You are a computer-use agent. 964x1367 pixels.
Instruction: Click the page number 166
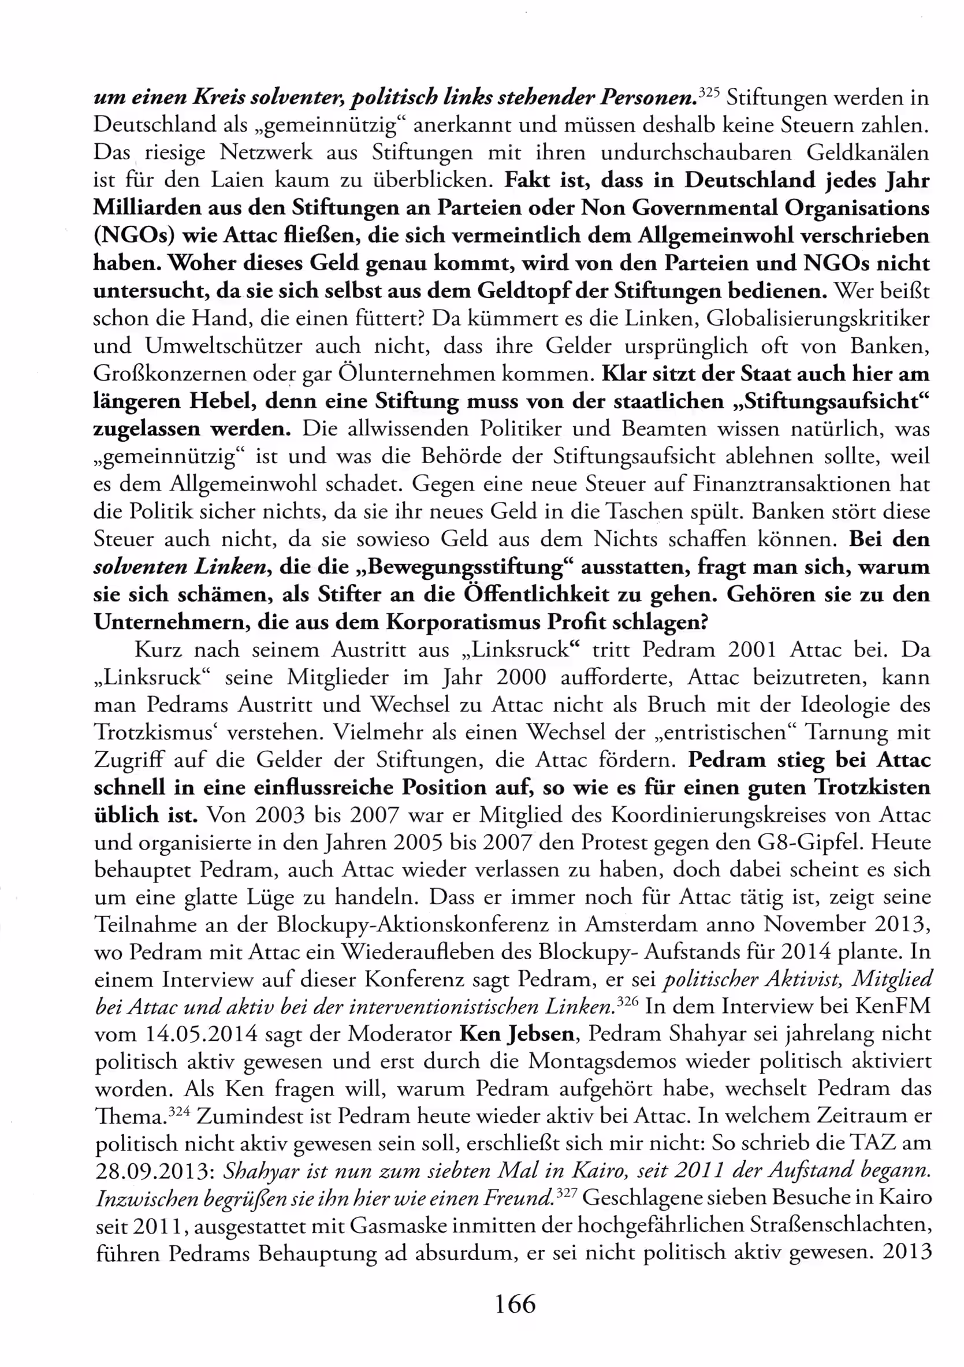[515, 1304]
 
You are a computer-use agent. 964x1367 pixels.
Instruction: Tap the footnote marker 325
[710, 92]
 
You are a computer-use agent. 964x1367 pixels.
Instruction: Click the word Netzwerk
[266, 153]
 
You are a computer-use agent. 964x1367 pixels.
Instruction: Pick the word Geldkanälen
[868, 153]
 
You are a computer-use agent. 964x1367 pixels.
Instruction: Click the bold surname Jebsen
[541, 1034]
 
